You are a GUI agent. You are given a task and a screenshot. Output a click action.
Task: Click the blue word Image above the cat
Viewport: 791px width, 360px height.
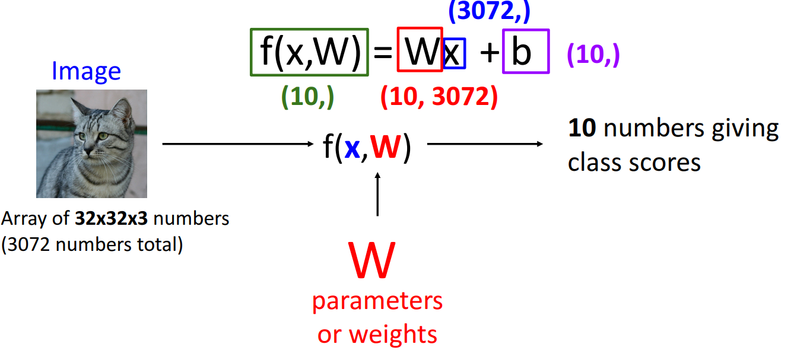pyautogui.click(x=86, y=71)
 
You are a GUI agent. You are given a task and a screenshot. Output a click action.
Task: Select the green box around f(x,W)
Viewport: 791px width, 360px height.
pyautogui.click(x=310, y=52)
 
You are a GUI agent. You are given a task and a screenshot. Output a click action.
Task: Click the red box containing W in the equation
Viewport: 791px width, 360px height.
pyautogui.click(x=420, y=49)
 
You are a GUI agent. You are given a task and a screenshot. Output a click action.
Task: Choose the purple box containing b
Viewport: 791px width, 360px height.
pyautogui.click(x=525, y=52)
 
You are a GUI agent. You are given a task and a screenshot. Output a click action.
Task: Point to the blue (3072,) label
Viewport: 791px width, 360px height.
pyautogui.click(x=489, y=11)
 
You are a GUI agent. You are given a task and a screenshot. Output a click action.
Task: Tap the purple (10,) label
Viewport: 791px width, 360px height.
pyautogui.click(x=593, y=55)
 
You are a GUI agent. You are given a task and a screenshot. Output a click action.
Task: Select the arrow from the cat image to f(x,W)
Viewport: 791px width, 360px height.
pyautogui.click(x=237, y=144)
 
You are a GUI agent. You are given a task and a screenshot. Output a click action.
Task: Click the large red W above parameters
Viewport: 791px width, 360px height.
pyautogui.click(x=373, y=261)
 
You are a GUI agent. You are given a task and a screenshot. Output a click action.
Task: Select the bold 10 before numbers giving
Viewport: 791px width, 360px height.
pyautogui.click(x=582, y=129)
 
